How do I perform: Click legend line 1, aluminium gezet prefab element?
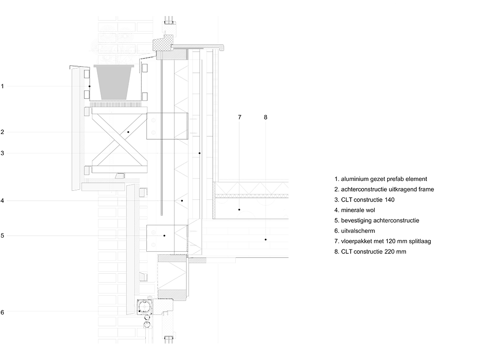click(381, 179)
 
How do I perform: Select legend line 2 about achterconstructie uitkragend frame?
click(384, 189)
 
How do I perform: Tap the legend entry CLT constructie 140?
click(364, 200)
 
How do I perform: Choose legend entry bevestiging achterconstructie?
click(377, 221)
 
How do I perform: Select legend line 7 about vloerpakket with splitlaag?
click(382, 241)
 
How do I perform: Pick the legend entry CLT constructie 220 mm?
click(370, 252)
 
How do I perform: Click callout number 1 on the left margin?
click(2, 86)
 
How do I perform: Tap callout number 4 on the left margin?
click(2, 201)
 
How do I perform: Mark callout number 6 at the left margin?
click(2, 313)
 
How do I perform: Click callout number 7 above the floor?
click(240, 117)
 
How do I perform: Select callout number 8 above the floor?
click(265, 117)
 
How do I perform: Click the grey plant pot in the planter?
click(114, 82)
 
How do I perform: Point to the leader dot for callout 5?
click(165, 236)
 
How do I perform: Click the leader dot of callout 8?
click(265, 240)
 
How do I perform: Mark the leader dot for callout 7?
click(239, 210)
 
